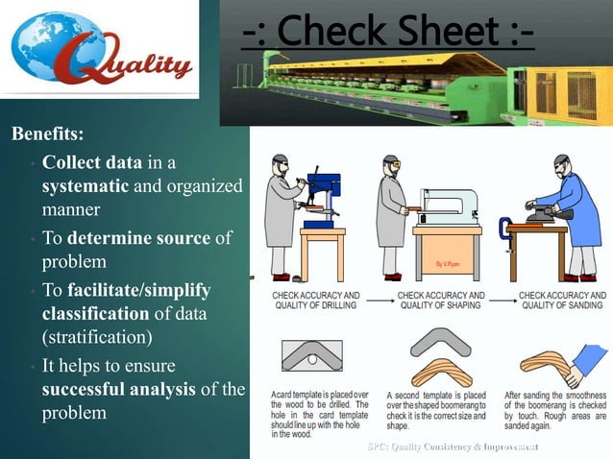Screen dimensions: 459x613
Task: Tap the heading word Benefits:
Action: coord(47,133)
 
